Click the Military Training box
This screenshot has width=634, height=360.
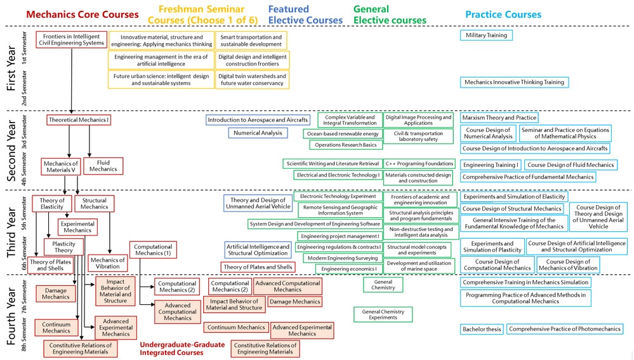point(486,35)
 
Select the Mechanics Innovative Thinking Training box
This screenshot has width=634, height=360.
point(514,83)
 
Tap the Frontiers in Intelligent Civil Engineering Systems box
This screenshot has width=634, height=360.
point(71,40)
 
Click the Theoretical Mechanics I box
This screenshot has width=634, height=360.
point(79,119)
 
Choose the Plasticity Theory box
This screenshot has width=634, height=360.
point(63,246)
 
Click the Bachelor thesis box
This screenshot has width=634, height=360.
point(482,329)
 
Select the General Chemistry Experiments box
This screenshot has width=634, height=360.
point(383,314)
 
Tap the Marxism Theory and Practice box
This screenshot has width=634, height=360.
point(499,117)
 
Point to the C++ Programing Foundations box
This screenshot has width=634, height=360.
point(419,164)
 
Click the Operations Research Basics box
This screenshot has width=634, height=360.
point(345,145)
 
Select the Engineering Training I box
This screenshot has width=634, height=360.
point(491,165)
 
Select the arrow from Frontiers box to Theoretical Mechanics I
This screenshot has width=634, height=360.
point(72,83)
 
